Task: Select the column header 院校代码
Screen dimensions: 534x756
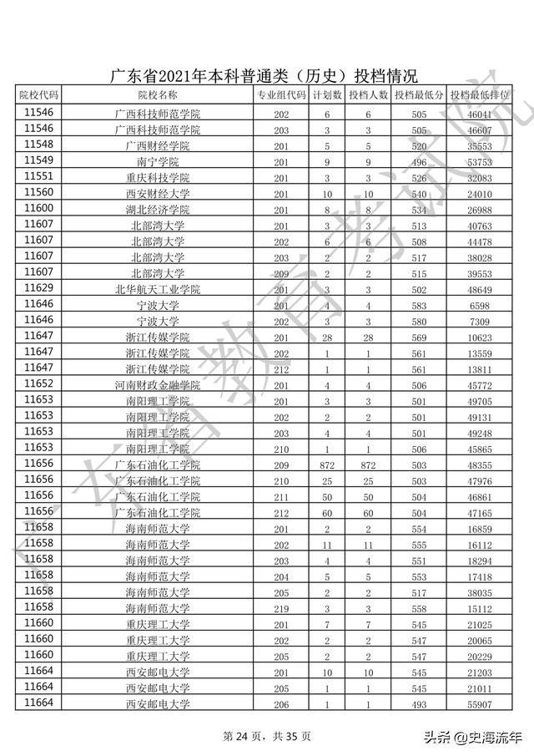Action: [39, 95]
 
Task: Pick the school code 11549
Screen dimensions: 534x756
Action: [39, 160]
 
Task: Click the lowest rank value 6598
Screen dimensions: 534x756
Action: [482, 306]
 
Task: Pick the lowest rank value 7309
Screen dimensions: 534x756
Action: [482, 322]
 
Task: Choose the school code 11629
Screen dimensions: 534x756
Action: [39, 288]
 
